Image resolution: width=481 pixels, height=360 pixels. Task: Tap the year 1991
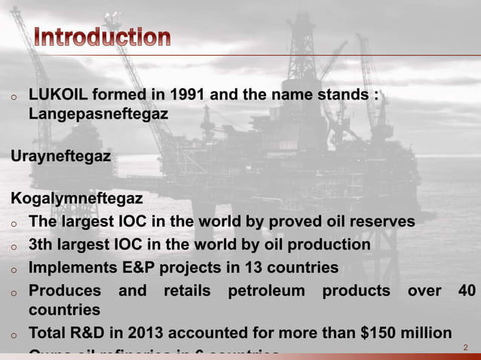click(187, 96)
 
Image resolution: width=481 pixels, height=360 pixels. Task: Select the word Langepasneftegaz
click(98, 114)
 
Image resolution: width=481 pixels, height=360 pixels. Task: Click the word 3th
click(41, 245)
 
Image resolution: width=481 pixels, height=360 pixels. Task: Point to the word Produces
click(64, 290)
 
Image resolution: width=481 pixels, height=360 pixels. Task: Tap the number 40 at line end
click(466, 290)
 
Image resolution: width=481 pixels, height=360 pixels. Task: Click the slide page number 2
click(465, 348)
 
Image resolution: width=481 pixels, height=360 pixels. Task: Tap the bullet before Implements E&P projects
click(14, 269)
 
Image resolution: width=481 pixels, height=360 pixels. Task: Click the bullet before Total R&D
click(14, 334)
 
